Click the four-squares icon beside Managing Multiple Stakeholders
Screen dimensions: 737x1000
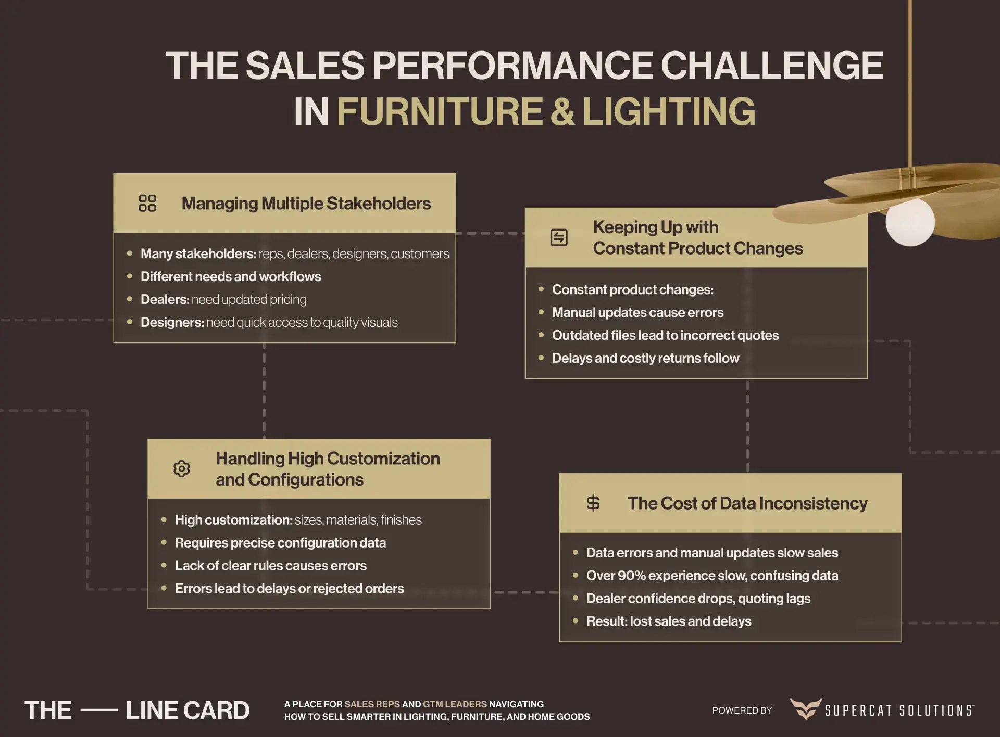coord(147,203)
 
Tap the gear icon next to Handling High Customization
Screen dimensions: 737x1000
coord(182,468)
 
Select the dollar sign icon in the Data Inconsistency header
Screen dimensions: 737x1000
coord(593,503)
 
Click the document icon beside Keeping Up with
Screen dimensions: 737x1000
coord(559,237)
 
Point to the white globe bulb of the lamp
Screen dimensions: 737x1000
coord(910,222)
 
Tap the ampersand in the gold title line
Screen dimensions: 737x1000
coord(562,111)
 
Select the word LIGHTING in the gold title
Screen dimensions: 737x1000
coord(669,111)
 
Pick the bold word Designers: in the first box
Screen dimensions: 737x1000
coord(172,322)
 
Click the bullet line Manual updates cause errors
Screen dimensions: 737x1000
coord(637,312)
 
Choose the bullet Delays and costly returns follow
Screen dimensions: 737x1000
coord(645,358)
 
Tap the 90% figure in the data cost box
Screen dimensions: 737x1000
coord(631,575)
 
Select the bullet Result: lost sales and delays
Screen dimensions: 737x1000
coord(669,621)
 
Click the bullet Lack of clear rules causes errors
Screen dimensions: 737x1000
coord(270,565)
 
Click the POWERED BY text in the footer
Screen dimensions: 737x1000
coord(742,710)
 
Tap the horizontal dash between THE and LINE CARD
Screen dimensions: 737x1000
coord(99,710)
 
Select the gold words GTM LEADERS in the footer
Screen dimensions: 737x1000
coord(455,704)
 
